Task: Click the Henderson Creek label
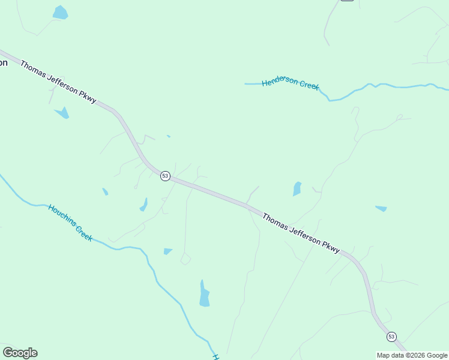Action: (x=291, y=83)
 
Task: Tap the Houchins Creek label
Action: (x=70, y=223)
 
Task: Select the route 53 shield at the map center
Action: (x=165, y=176)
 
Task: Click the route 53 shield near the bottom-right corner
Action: (x=391, y=336)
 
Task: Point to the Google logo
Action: (x=20, y=353)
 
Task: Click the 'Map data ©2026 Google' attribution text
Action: (x=412, y=355)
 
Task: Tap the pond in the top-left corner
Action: (x=60, y=12)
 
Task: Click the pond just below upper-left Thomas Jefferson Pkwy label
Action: (x=62, y=112)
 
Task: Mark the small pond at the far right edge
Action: (x=381, y=209)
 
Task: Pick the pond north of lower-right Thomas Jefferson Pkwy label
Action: (x=297, y=189)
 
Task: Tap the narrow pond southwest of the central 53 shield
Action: (x=143, y=205)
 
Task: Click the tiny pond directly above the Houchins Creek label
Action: (x=105, y=191)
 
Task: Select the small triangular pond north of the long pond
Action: (x=167, y=251)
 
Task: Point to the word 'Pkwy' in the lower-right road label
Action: (x=331, y=246)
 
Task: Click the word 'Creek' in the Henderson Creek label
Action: (x=309, y=86)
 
